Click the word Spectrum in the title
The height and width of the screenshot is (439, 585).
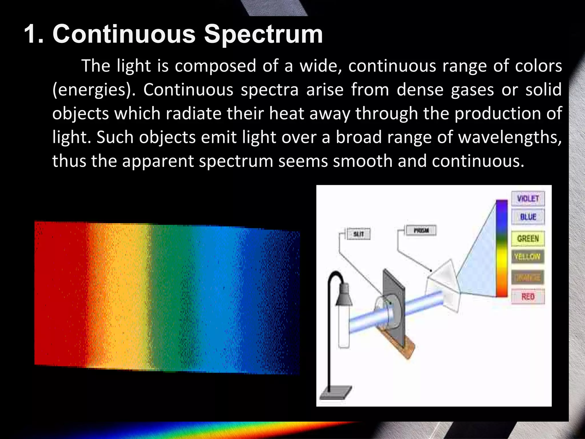click(263, 35)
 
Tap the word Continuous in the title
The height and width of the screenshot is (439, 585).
click(124, 34)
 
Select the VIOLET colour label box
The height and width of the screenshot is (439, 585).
click(528, 198)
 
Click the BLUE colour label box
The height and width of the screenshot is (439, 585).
click(528, 217)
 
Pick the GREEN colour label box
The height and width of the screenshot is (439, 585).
click(528, 238)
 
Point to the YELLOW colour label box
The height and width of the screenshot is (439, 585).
click(528, 257)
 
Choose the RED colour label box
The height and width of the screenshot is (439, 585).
click(528, 296)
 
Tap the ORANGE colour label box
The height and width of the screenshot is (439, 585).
click(528, 277)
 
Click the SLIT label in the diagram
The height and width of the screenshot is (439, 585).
click(358, 234)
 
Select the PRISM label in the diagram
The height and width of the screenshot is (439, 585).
click(421, 230)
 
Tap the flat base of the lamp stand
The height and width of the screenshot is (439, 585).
click(336, 393)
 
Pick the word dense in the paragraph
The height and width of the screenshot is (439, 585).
click(420, 90)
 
